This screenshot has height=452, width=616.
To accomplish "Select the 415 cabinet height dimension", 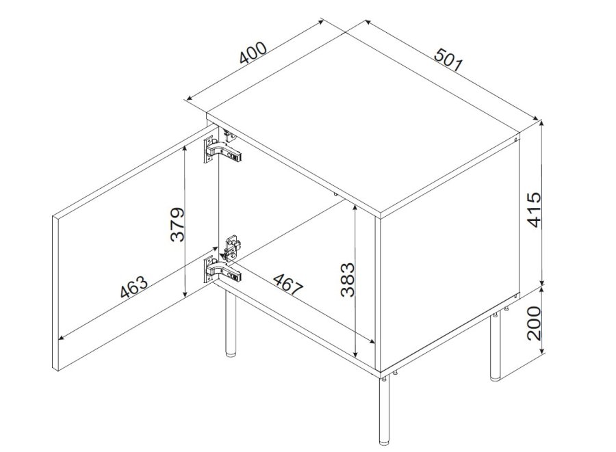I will click(x=535, y=209).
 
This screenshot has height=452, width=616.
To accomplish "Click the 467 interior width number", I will click(x=287, y=284).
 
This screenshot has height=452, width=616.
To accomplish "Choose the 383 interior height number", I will click(x=347, y=280).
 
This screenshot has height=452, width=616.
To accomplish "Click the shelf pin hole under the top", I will click(x=335, y=194).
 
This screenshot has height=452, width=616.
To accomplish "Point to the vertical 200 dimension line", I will click(x=542, y=321).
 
